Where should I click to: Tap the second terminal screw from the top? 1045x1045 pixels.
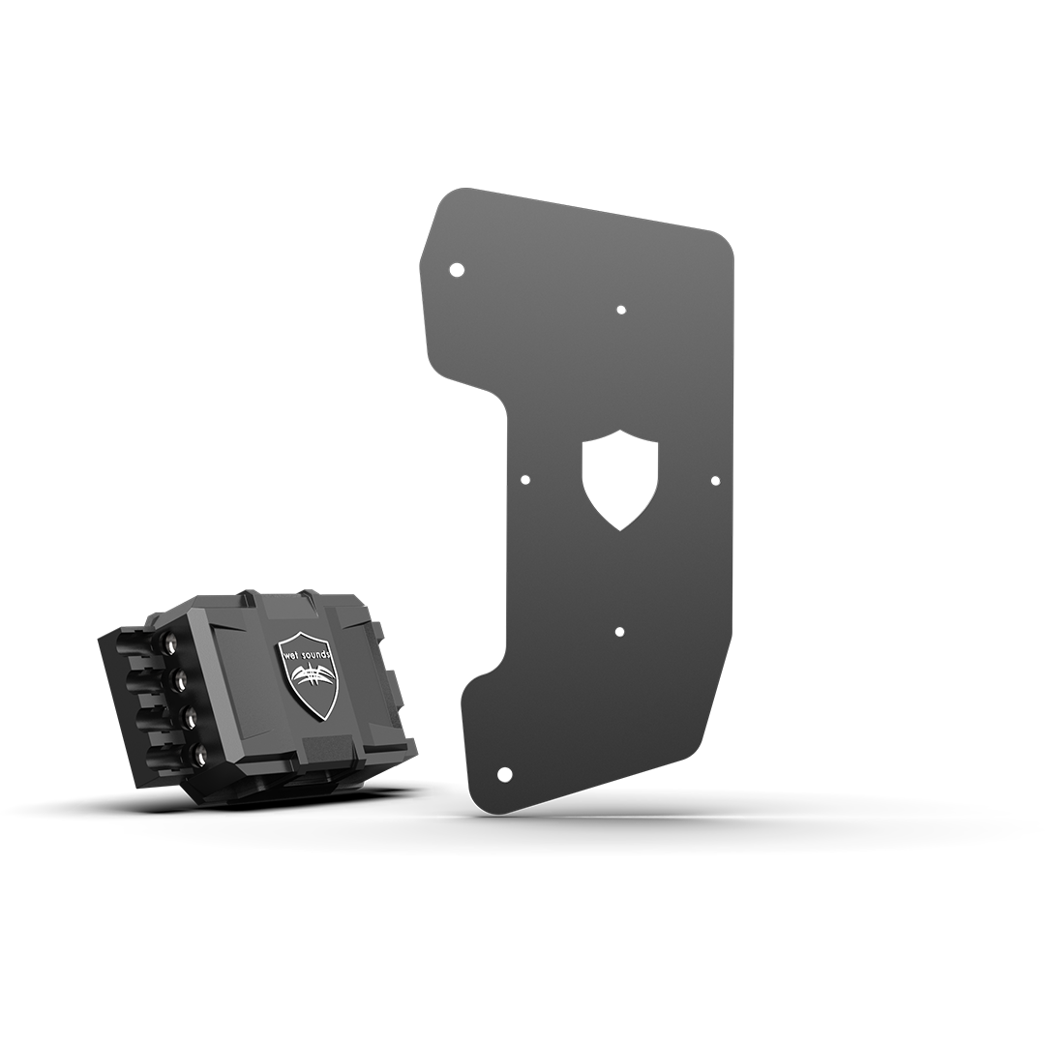[x=179, y=680]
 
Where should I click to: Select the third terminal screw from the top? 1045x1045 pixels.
[x=190, y=719]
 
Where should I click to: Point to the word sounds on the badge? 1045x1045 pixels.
[x=321, y=652]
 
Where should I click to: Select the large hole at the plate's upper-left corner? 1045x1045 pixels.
[x=457, y=270]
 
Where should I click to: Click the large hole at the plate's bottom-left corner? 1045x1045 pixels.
[x=506, y=774]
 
